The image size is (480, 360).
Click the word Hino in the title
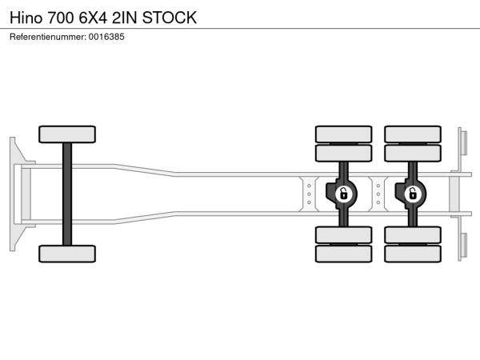click(26, 18)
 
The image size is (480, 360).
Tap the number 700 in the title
click(61, 18)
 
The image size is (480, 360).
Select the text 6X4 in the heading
click(93, 18)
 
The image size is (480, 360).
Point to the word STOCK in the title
click(170, 18)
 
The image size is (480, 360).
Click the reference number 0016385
click(106, 37)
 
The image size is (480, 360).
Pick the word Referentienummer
click(48, 37)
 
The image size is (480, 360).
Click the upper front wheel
click(67, 134)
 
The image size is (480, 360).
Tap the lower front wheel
click(67, 254)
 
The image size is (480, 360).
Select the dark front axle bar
click(67, 194)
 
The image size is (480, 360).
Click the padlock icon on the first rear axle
click(344, 194)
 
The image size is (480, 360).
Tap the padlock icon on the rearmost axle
click(413, 194)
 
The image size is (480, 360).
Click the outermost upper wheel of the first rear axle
click(343, 134)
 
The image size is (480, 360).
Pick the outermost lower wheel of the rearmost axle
click(413, 254)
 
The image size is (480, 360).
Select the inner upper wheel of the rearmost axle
click(413, 153)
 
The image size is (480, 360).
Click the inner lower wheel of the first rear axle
click(343, 235)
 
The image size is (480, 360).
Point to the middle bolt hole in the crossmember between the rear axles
click(378, 194)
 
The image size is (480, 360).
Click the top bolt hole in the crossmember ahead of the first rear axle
click(309, 186)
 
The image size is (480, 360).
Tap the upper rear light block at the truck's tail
click(464, 143)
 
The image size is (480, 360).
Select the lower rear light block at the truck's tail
click(464, 246)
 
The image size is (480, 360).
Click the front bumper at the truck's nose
click(13, 194)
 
